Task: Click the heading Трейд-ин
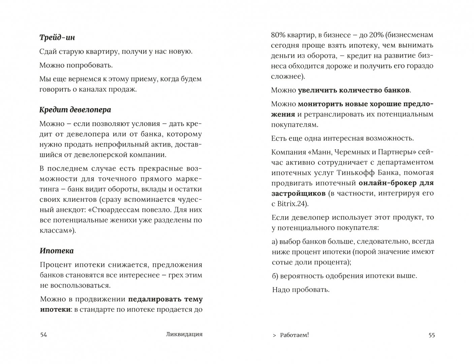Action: click(x=57, y=38)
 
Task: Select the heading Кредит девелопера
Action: click(x=75, y=110)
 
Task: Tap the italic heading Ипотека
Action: click(x=56, y=251)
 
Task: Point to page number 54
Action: click(x=44, y=335)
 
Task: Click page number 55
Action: click(x=431, y=335)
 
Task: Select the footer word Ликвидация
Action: click(x=184, y=334)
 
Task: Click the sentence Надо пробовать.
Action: click(x=301, y=290)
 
